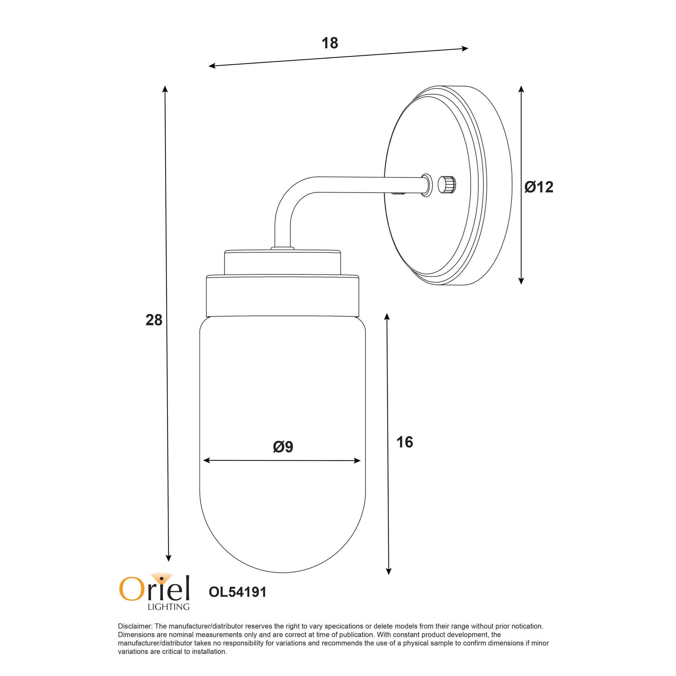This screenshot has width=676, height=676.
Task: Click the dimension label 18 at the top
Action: pos(330,43)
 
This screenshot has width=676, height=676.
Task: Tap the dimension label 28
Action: pos(154,320)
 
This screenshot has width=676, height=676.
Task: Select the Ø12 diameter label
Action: pos(539,187)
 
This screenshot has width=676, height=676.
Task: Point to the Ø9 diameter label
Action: pos(283,447)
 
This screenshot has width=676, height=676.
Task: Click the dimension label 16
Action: pos(405,442)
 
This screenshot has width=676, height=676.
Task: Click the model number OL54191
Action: pos(237,592)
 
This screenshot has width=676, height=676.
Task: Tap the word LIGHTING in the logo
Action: pos(168,607)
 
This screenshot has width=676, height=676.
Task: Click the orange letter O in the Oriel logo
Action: pos(132,589)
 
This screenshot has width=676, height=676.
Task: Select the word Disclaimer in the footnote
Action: pos(135,626)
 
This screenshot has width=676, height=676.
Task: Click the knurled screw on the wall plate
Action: pos(447,184)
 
